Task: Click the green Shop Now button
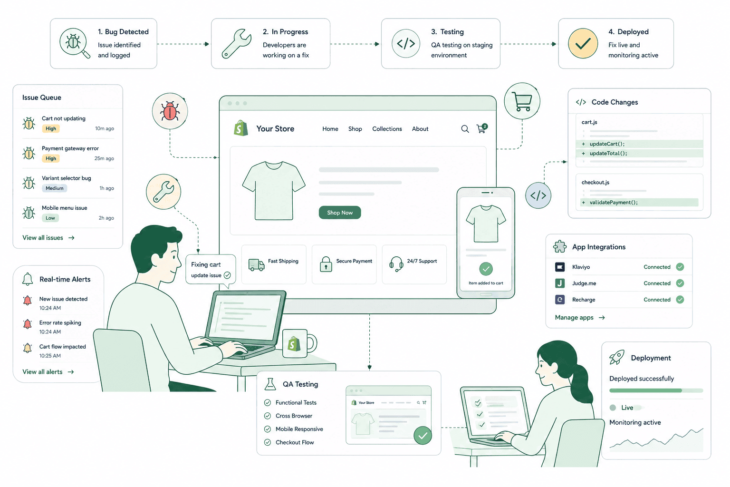pyautogui.click(x=340, y=212)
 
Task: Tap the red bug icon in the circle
pyautogui.click(x=170, y=111)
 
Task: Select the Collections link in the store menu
pyautogui.click(x=387, y=129)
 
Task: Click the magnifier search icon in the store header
pyautogui.click(x=465, y=129)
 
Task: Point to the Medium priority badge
pyautogui.click(x=55, y=188)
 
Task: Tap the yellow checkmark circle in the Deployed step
pyautogui.click(x=583, y=43)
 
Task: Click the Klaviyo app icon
pyautogui.click(x=560, y=267)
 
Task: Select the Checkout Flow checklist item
pyautogui.click(x=295, y=442)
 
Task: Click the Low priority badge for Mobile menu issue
pyautogui.click(x=50, y=218)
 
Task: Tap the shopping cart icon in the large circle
pyautogui.click(x=522, y=101)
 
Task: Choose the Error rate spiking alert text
pyautogui.click(x=60, y=322)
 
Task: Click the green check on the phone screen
pyautogui.click(x=486, y=269)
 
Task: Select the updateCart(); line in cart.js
pyautogui.click(x=607, y=144)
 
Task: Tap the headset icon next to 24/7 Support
pyautogui.click(x=396, y=263)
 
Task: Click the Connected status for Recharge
pyautogui.click(x=657, y=300)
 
